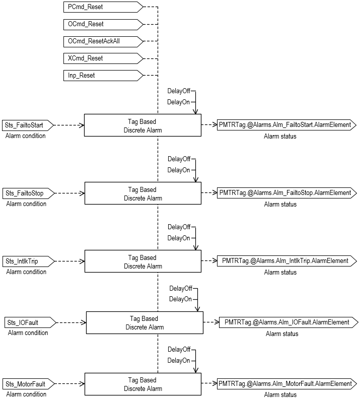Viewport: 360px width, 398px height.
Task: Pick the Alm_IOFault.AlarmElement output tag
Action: click(x=287, y=322)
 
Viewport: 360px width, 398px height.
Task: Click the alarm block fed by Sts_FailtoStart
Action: click(x=142, y=125)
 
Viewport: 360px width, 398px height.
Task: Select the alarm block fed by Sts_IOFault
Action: click(x=145, y=322)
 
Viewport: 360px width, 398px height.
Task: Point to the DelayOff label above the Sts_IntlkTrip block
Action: click(x=179, y=227)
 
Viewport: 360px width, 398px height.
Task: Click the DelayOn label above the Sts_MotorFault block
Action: click(x=179, y=361)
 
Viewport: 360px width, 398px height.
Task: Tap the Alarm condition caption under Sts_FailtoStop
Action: click(x=26, y=204)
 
